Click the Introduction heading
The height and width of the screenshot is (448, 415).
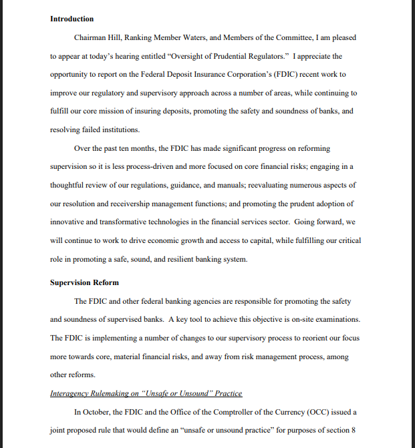pos(72,19)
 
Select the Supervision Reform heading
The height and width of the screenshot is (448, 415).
pos(84,282)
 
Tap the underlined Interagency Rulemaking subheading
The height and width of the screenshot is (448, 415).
pos(146,393)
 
